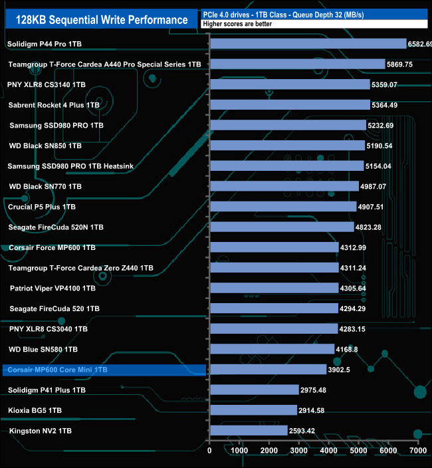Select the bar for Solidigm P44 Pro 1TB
click(308, 44)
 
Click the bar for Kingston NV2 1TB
click(249, 431)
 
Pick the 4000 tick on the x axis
click(328, 451)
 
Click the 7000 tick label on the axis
click(417, 451)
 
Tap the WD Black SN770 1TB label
click(45, 187)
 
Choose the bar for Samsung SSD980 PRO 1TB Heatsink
click(286, 166)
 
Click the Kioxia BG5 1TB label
click(35, 410)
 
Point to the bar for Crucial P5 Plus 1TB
click(283, 207)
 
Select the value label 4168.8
click(350, 349)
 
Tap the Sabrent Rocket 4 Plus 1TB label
click(54, 105)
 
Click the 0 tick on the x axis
click(209, 451)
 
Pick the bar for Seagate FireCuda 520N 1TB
click(282, 227)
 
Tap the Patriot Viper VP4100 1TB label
click(53, 289)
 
